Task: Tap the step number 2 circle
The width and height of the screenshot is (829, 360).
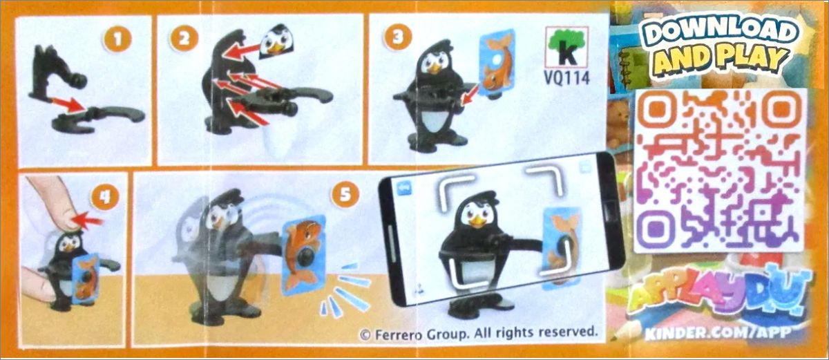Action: [184, 38]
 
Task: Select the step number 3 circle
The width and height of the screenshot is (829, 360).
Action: [397, 38]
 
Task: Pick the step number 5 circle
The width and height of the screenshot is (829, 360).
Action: [345, 195]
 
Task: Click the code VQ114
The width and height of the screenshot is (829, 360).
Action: [566, 78]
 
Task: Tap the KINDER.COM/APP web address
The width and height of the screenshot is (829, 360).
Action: [718, 334]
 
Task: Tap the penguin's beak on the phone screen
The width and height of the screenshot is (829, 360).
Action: [478, 221]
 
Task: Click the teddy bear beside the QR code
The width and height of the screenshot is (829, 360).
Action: [619, 123]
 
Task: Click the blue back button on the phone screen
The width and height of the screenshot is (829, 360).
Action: [402, 188]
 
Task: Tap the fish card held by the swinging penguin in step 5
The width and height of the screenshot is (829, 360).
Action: [303, 256]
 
